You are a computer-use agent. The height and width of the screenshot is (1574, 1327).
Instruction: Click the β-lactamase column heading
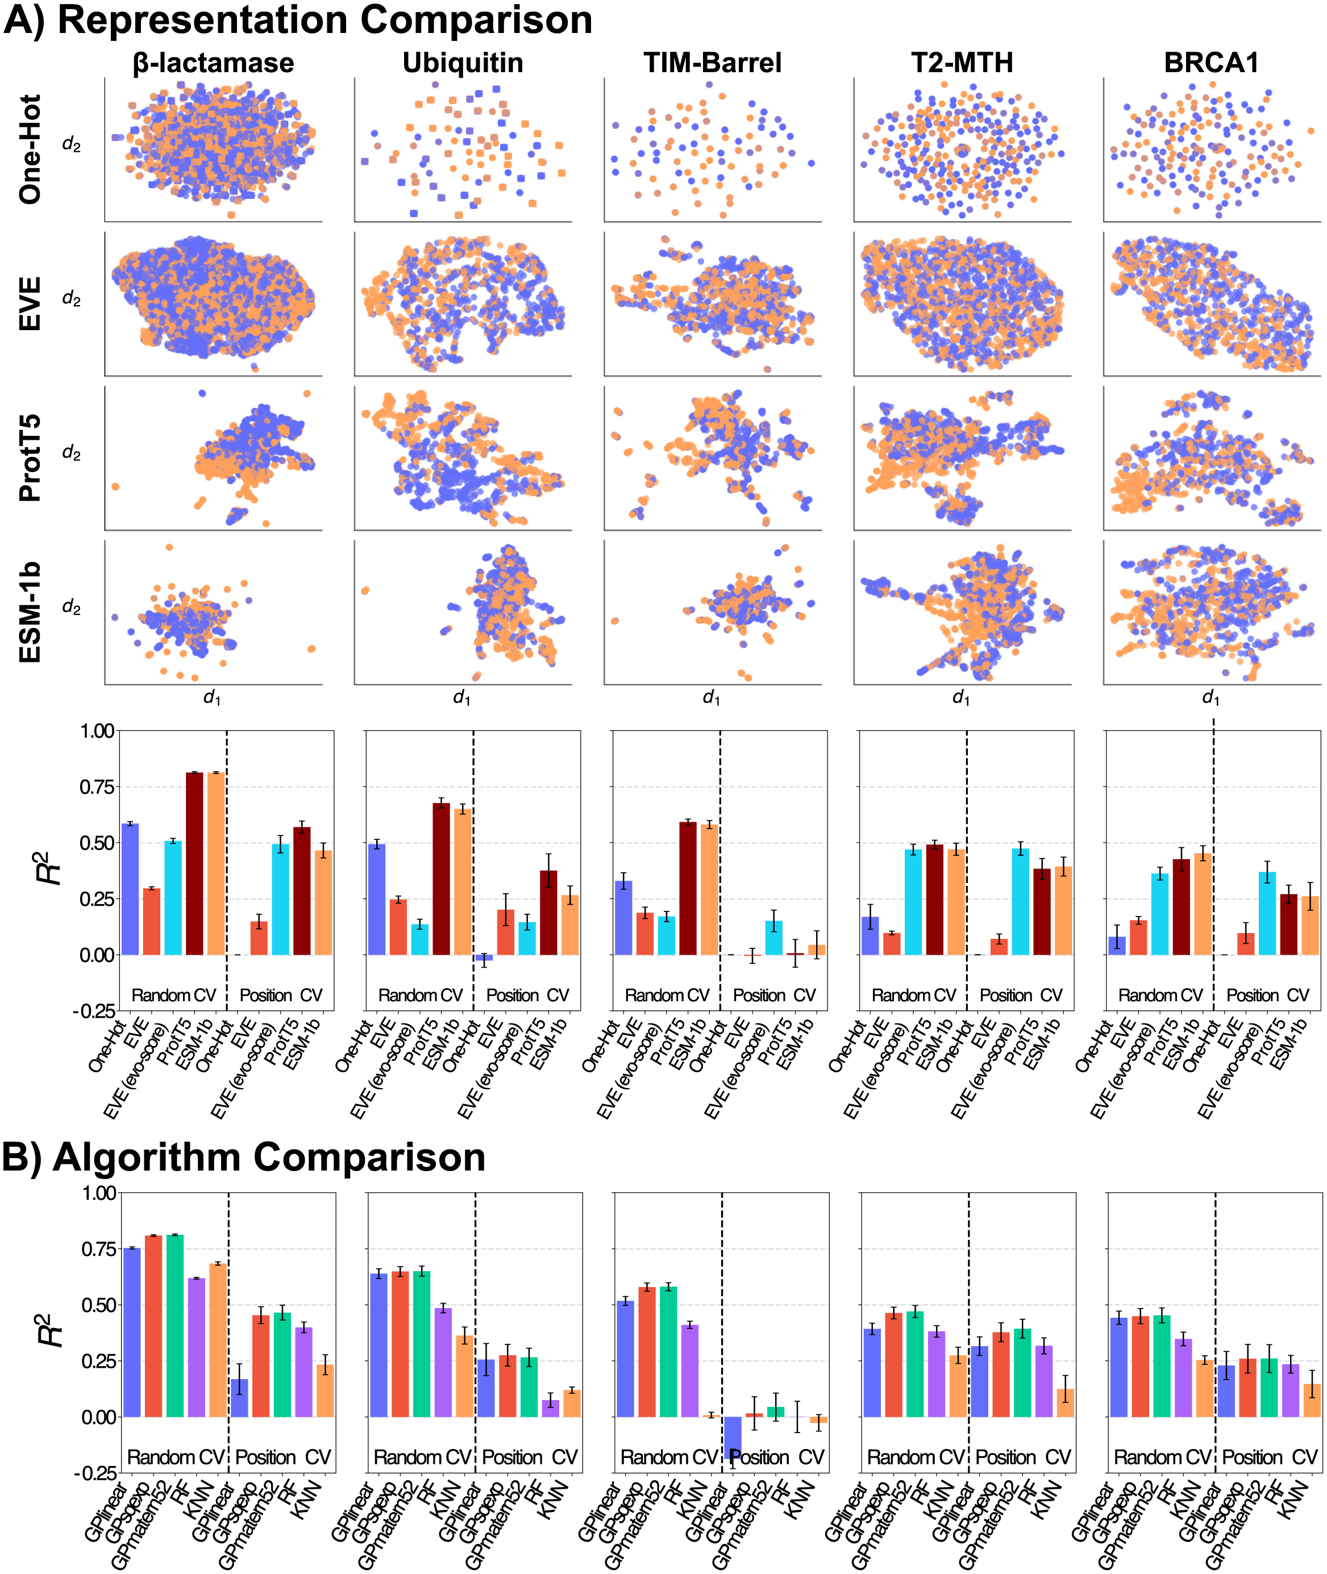[213, 63]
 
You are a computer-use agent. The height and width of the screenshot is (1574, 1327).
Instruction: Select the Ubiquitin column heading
[463, 63]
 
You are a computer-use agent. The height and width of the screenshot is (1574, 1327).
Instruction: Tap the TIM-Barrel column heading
[713, 63]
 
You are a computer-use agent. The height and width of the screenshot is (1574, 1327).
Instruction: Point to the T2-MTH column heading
[962, 63]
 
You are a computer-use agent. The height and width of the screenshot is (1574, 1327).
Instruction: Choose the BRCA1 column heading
[1211, 63]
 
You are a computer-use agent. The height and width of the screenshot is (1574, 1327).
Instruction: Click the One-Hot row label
[30, 149]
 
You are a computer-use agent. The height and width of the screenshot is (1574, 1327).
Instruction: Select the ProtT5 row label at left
[30, 458]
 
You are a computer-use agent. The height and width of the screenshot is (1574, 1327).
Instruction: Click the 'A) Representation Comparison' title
[298, 20]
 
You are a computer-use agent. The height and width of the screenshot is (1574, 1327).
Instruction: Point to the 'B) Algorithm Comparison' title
[244, 1157]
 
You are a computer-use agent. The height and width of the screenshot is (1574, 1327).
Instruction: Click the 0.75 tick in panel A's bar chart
[97, 786]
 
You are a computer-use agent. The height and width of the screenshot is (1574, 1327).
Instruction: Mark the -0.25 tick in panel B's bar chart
[95, 1472]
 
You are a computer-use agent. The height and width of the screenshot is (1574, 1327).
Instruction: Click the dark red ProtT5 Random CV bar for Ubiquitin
[442, 879]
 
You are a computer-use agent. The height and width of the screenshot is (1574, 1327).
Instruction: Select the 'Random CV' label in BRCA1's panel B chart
[1163, 1458]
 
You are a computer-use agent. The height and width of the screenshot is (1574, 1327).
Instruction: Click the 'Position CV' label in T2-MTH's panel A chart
[1021, 996]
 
